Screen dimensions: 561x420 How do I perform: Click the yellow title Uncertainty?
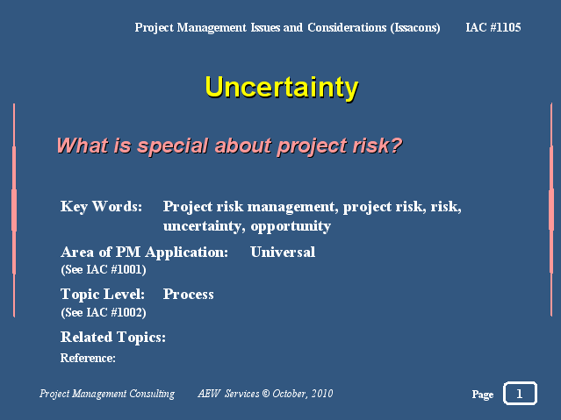(x=282, y=87)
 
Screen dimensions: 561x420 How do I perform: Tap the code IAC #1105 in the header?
(x=493, y=27)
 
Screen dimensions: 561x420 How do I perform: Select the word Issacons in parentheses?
(x=415, y=28)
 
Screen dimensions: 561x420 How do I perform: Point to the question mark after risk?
(x=396, y=145)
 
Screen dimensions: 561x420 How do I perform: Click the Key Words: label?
(x=101, y=207)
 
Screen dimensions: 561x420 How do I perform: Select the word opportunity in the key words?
(x=291, y=226)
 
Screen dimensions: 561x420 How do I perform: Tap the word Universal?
(x=283, y=252)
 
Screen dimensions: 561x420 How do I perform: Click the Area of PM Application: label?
(x=144, y=253)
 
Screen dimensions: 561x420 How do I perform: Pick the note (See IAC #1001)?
(x=104, y=269)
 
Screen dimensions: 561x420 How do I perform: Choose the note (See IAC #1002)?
(x=104, y=312)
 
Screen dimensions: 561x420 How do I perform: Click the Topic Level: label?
(x=103, y=295)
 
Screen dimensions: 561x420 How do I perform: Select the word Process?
(x=188, y=295)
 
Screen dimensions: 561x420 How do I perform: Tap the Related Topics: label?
(x=113, y=338)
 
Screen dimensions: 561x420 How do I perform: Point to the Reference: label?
(x=88, y=358)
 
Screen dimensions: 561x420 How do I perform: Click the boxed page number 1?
(x=520, y=394)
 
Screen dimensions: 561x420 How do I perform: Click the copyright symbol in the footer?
(x=265, y=394)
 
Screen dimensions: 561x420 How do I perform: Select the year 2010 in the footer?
(x=322, y=394)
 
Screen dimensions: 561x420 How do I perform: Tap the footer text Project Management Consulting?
(x=107, y=394)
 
